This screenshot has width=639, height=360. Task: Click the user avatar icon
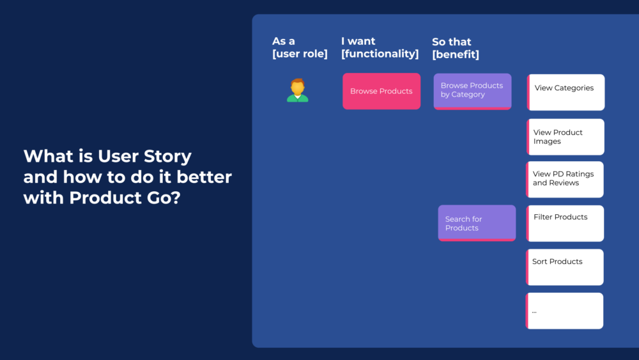(x=297, y=90)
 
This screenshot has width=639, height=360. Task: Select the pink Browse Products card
(x=381, y=91)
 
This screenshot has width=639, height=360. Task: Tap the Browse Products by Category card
(x=472, y=91)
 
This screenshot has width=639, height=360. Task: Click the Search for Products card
(x=477, y=223)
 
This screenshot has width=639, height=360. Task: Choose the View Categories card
(x=566, y=92)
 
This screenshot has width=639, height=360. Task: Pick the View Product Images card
(x=566, y=137)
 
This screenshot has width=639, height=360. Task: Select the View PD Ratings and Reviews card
(x=565, y=179)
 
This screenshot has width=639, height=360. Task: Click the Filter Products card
(x=565, y=223)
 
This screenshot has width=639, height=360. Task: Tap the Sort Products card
(x=565, y=267)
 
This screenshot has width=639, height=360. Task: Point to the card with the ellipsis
(x=565, y=311)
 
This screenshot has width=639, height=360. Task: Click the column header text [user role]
(x=300, y=54)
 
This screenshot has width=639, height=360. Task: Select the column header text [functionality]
(x=380, y=54)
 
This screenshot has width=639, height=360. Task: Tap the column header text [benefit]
(x=455, y=55)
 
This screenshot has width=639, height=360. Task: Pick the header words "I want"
(x=358, y=42)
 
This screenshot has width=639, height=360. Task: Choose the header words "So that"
(x=451, y=42)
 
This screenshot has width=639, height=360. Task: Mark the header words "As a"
(x=284, y=42)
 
